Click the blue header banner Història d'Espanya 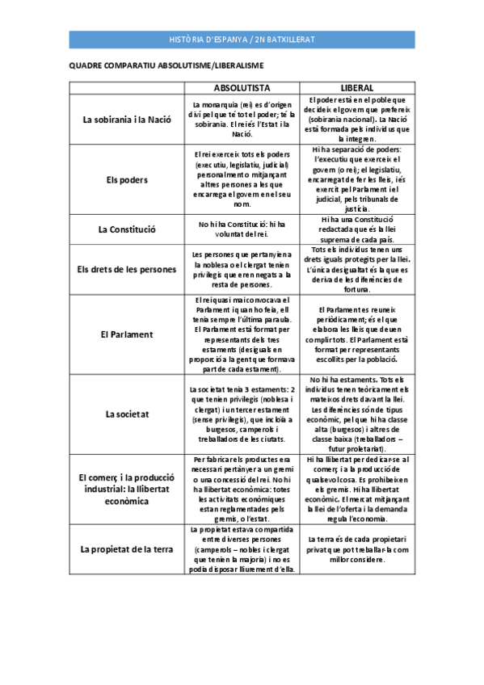242,40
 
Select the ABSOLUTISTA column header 242,87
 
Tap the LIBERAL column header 357,87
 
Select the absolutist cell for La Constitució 242,229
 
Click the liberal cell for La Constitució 357,229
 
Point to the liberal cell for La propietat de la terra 357,549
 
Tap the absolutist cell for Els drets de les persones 242,270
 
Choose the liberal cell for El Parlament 357,334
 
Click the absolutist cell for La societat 242,414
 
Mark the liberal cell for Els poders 357,180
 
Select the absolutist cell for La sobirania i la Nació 242,120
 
